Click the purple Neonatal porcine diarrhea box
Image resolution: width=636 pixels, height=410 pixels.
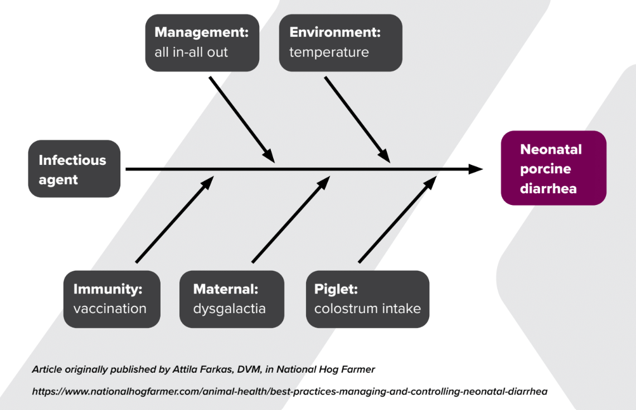click(553, 168)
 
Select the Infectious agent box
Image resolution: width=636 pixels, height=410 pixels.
click(74, 169)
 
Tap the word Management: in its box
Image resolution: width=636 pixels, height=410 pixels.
click(201, 32)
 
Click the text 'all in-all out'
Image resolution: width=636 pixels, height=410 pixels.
click(191, 53)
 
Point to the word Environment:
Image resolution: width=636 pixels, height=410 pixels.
click(334, 32)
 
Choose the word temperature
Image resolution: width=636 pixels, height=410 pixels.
click(329, 53)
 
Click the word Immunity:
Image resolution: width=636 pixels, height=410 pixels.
click(108, 289)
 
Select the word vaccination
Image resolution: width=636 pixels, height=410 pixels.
click(110, 309)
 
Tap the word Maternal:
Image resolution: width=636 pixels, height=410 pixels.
click(226, 289)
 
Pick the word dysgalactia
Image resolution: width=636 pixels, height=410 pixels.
click(229, 309)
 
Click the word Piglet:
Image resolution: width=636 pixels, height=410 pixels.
click(336, 289)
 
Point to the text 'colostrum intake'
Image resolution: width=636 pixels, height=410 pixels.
click(367, 309)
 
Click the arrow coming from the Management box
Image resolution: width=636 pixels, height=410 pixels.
click(241, 118)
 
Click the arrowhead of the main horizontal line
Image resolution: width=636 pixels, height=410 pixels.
click(475, 169)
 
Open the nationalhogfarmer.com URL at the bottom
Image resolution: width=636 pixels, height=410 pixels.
click(289, 392)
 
